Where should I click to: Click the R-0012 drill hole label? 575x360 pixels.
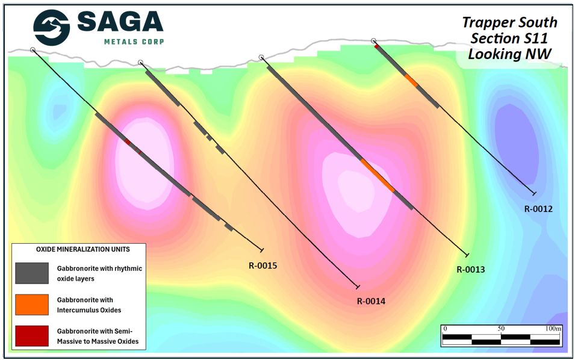coord(538,209)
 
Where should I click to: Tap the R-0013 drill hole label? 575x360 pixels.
coord(470,270)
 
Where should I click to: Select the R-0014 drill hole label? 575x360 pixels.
coord(370,302)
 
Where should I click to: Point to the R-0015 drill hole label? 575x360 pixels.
coord(263,265)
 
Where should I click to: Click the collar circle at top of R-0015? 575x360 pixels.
coord(33,50)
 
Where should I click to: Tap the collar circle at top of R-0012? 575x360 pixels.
coord(373,41)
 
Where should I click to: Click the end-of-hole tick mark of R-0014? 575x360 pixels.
coord(358,287)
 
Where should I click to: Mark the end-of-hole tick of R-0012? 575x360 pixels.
coord(533,193)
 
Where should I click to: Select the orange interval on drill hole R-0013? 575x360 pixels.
coord(378,175)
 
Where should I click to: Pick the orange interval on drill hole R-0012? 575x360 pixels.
coord(411,80)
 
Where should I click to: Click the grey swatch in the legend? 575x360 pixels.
coord(31,273)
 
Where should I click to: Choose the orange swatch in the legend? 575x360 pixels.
coord(31,305)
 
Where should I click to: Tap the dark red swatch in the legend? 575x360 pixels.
coord(31,336)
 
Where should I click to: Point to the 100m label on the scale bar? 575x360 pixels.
coord(553,329)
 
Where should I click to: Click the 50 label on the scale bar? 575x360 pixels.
coord(501,329)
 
